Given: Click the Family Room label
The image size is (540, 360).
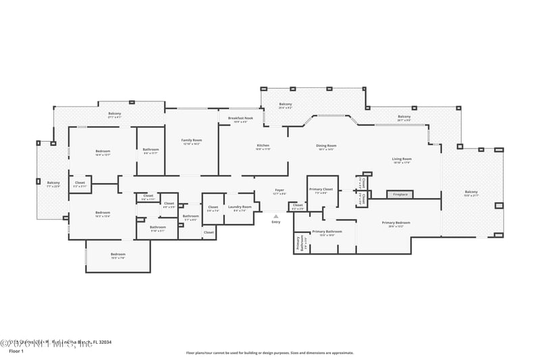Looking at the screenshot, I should (x=191, y=140).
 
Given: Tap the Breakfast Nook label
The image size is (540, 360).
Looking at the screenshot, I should (x=240, y=118).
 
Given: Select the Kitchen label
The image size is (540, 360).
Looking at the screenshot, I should (x=263, y=146).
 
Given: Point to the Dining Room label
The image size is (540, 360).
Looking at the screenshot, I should (x=327, y=146).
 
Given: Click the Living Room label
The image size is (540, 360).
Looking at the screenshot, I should (x=402, y=159).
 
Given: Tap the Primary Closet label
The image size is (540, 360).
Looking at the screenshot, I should (x=321, y=189).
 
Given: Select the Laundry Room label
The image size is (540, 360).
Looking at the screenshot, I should (x=240, y=207).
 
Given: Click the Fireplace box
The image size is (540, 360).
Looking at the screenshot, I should (x=400, y=195).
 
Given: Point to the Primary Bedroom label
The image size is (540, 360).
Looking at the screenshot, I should (x=396, y=223).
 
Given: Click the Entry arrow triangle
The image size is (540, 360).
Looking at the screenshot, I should (x=275, y=216).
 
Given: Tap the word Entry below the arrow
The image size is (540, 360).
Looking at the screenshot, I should (x=275, y=222).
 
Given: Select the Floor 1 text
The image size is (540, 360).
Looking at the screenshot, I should (x=16, y=351).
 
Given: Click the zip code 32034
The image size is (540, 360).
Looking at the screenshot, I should (x=104, y=342).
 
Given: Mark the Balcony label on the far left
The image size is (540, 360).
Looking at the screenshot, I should (x=53, y=182).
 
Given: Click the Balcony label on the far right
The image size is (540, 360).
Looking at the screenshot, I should (x=470, y=192).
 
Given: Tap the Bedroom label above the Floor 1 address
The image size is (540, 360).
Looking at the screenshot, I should (x=118, y=255).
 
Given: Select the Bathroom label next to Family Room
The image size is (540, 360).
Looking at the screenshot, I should (x=151, y=150).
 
